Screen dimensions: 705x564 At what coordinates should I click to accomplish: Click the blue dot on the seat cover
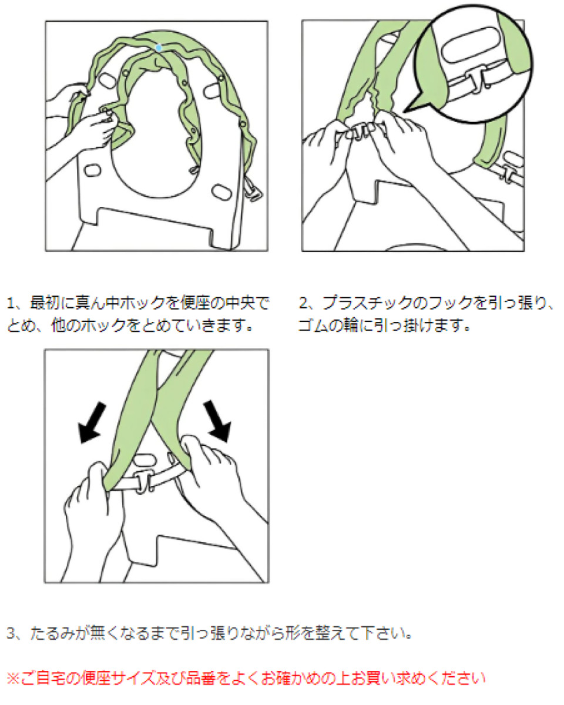coord(159,46)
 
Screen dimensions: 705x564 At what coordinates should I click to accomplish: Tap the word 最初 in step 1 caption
coord(42,304)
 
